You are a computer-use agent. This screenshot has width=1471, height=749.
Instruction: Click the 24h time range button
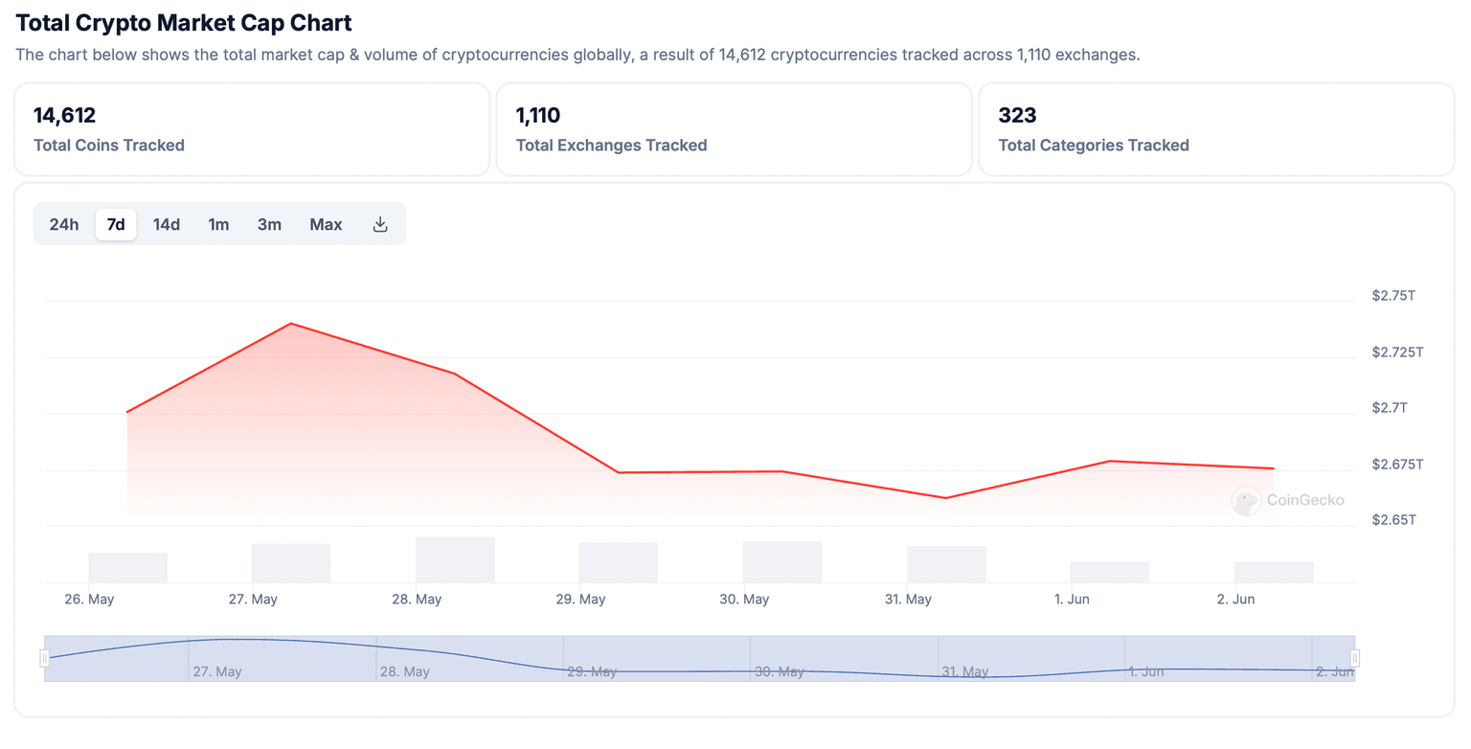64,224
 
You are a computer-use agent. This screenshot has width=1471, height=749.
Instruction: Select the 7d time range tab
116,224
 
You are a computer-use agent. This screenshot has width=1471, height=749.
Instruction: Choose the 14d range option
167,224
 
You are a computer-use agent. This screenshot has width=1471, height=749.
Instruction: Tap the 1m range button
218,224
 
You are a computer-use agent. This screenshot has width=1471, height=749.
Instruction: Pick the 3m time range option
269,224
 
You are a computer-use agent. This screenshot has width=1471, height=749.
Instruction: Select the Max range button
326,224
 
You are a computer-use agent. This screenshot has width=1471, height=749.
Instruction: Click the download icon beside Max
380,224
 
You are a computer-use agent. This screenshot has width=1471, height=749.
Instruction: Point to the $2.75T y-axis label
1392,296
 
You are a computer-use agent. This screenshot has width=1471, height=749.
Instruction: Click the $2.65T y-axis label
1392,520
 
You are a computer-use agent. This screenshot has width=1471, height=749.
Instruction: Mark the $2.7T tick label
1389,408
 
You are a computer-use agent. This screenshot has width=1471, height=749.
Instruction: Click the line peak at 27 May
290,324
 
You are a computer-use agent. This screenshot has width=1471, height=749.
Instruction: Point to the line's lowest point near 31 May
945,498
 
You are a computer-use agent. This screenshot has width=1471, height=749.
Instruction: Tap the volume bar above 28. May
455,559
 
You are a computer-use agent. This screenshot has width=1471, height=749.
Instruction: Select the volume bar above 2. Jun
1274,572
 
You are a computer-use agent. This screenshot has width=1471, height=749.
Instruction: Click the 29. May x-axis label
580,600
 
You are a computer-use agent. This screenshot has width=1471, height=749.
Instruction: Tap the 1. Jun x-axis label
1072,600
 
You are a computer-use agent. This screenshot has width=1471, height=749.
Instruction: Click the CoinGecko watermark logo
1246,500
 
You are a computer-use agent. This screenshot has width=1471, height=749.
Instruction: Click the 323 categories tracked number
1017,116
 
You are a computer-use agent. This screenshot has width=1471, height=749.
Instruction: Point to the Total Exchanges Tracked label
611,146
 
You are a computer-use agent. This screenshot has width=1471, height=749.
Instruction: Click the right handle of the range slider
1354,658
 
